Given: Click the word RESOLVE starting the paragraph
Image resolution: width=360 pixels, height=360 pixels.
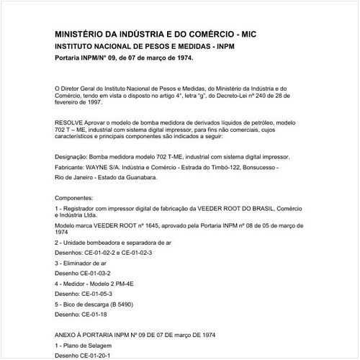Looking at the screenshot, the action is point(69,122).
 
